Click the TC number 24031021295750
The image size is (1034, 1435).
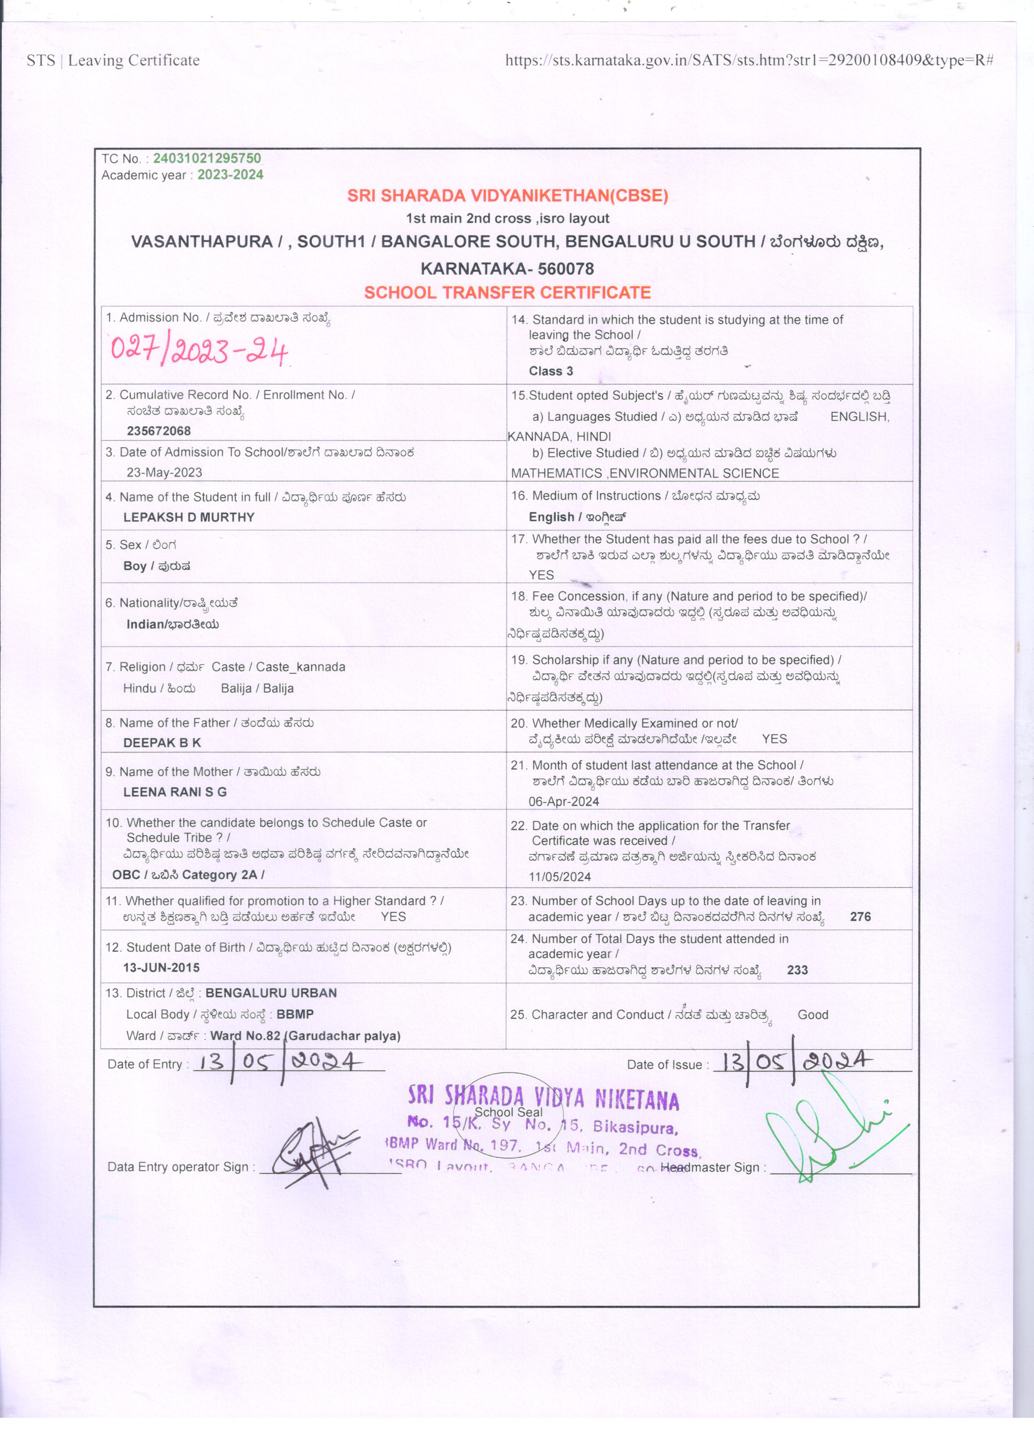click(x=207, y=158)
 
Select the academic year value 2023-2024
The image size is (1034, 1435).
click(x=230, y=175)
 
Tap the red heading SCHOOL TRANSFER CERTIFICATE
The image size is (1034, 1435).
click(x=507, y=292)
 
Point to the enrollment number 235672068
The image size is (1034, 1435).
click(x=159, y=431)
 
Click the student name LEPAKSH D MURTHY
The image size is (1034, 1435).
click(x=189, y=517)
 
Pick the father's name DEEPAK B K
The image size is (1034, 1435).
click(x=162, y=743)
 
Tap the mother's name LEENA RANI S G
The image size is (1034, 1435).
click(x=175, y=791)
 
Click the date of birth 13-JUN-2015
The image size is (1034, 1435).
click(x=161, y=967)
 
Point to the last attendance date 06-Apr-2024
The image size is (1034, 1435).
click(x=564, y=802)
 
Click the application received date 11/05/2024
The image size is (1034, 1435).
click(x=560, y=877)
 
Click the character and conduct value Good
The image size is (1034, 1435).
click(x=813, y=1015)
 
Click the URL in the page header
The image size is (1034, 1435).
click(x=749, y=61)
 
